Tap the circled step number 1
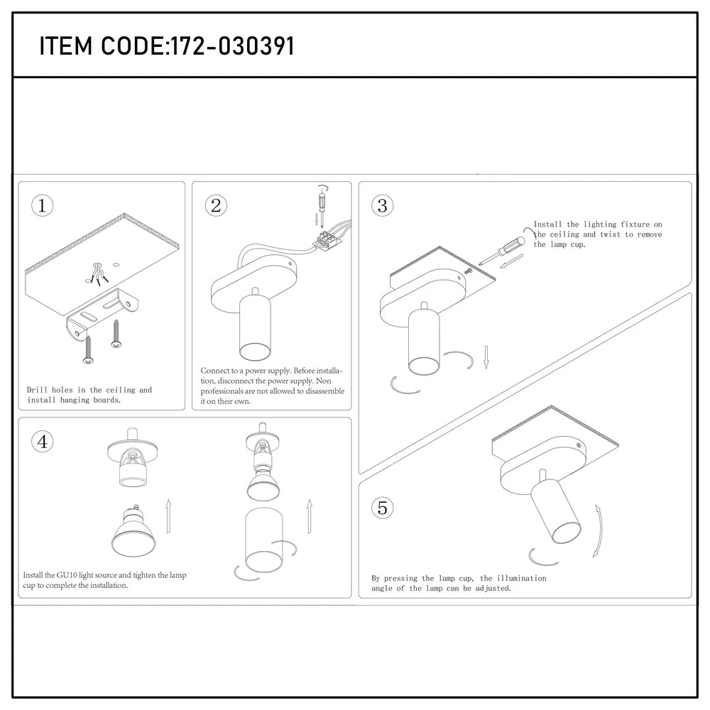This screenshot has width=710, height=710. pos(43,206)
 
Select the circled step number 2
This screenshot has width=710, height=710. pos(216,206)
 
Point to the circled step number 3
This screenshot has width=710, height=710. pos(383,206)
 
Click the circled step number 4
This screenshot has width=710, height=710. pos(43,441)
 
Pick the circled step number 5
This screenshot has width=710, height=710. pos(383,508)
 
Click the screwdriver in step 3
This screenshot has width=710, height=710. pos(503,252)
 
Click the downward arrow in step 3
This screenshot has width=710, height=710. pos(486,358)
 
